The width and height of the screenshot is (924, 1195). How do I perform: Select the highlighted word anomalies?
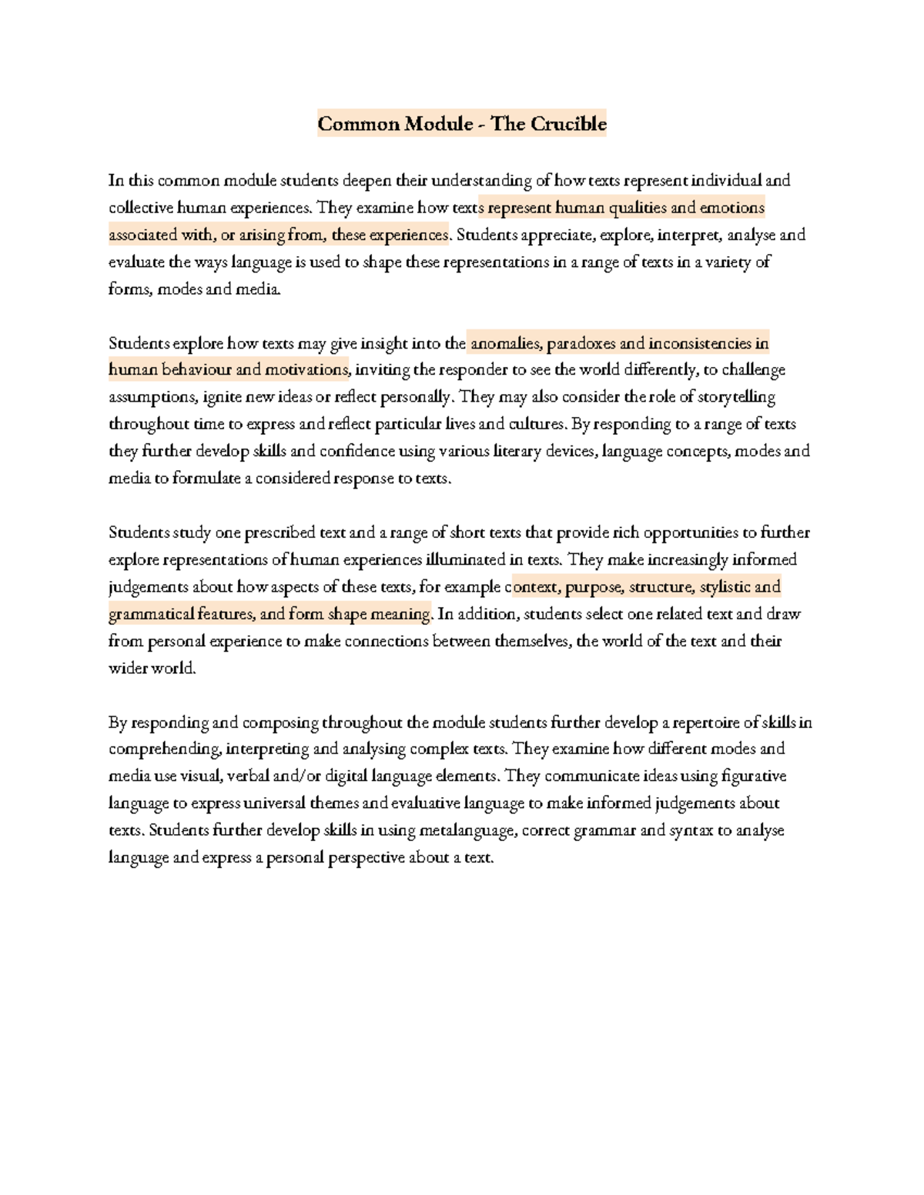505,343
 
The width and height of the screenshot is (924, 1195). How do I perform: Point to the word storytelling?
737,397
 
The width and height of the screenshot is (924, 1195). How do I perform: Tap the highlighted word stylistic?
724,587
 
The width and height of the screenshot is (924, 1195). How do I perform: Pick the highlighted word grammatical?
151,614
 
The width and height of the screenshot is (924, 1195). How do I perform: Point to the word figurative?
754,776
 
